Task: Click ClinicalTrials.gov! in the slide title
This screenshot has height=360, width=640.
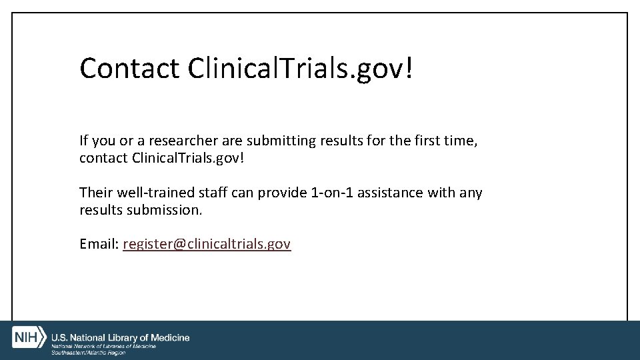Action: pyautogui.click(x=301, y=68)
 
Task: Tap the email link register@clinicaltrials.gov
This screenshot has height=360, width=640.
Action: pyautogui.click(x=207, y=244)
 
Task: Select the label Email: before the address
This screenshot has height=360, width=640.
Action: pyautogui.click(x=99, y=244)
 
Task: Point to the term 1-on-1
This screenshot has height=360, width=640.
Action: pyautogui.click(x=333, y=193)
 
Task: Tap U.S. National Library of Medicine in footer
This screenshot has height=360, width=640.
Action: pyautogui.click(x=121, y=338)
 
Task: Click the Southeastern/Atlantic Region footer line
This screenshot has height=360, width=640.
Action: pyautogui.click(x=89, y=352)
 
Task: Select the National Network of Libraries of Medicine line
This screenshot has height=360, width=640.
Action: pyautogui.click(x=104, y=346)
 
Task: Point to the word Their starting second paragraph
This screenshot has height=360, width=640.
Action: pyautogui.click(x=97, y=193)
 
